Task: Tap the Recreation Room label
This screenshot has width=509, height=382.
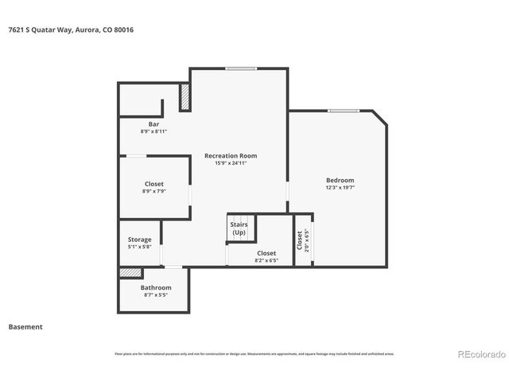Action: point(231,155)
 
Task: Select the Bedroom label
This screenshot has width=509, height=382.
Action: point(340,180)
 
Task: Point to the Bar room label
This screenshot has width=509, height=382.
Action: point(153,124)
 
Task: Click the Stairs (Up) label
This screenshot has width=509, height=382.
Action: point(239,228)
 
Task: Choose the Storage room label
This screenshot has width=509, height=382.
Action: point(140,240)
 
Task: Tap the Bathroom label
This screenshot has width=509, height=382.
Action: point(156,287)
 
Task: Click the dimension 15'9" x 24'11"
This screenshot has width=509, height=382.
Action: point(231,163)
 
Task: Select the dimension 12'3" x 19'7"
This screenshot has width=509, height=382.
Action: point(340,188)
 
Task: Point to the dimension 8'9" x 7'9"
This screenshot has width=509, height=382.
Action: point(153,192)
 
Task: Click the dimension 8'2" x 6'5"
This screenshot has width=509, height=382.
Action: point(266,260)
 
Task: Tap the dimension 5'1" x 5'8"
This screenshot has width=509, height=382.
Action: point(140,247)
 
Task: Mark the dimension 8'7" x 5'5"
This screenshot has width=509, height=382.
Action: point(156,295)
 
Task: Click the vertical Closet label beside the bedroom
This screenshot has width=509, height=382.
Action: point(300,240)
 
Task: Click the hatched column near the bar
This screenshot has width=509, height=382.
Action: point(185,97)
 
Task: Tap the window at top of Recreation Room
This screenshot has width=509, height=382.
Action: point(240,68)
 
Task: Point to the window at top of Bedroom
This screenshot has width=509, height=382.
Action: point(344,111)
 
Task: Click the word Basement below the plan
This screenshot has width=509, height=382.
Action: point(25,326)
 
